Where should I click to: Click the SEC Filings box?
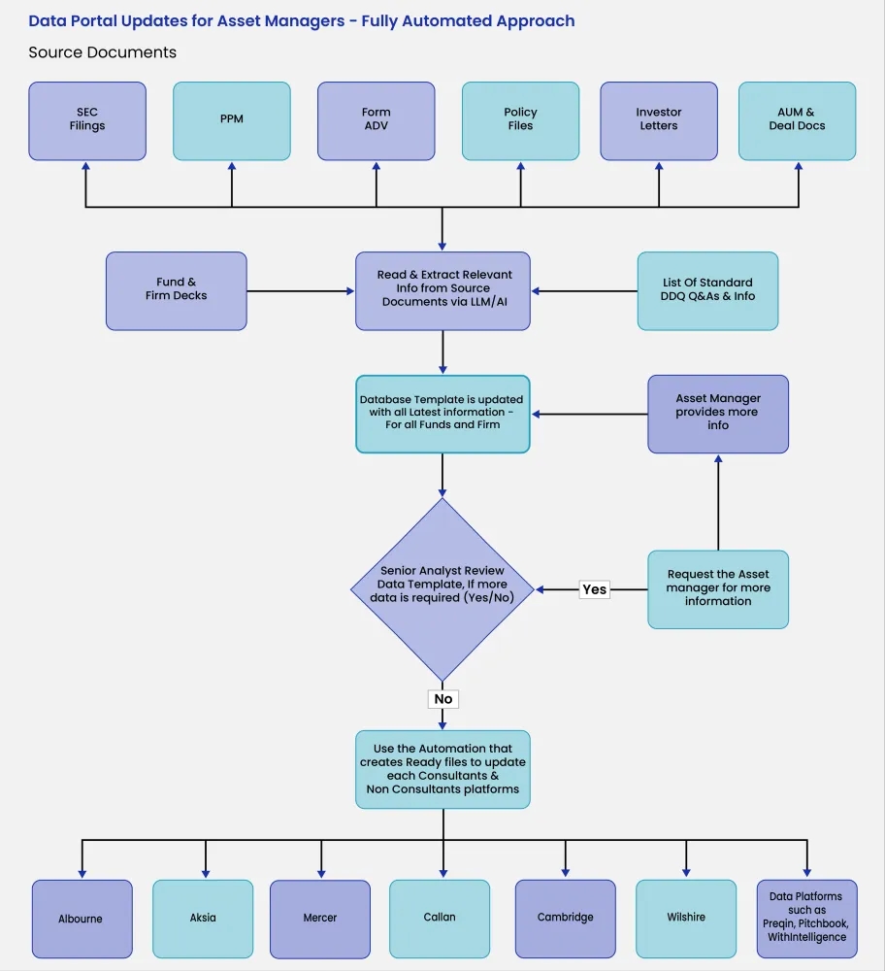[87, 120]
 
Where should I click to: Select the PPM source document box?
[231, 120]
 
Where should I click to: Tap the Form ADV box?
[376, 120]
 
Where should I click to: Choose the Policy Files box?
[520, 120]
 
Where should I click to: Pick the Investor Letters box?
[659, 120]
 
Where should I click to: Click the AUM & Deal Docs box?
[797, 120]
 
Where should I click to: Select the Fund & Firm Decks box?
[176, 289]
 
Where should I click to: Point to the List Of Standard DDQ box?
[707, 290]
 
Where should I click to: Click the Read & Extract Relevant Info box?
[442, 289]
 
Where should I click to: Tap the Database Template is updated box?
[442, 413]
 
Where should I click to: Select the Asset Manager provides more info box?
[718, 413]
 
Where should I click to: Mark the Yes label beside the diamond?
[594, 589]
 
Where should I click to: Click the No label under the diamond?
[442, 699]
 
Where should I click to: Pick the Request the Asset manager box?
[718, 588]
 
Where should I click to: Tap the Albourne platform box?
[82, 919]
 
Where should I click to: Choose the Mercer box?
[319, 919]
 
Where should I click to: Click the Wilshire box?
[686, 918]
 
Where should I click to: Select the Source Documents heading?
[103, 52]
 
